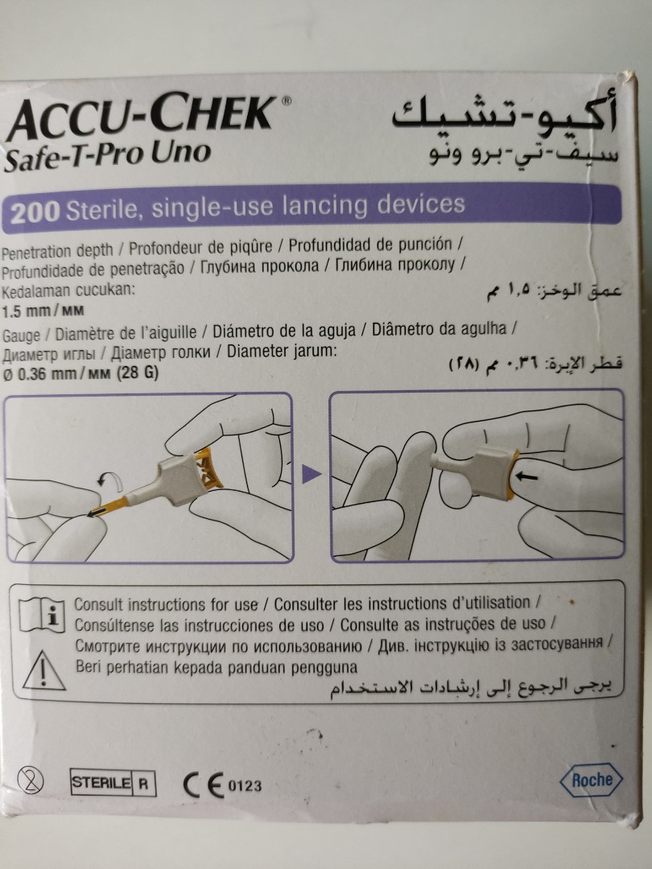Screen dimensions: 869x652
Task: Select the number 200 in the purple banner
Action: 35,211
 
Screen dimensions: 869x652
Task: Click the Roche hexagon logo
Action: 592,779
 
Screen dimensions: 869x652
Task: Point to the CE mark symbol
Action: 200,784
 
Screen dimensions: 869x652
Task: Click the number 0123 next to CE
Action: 246,785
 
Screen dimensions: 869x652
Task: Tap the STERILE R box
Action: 113,783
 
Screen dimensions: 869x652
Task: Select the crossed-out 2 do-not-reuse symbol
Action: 35,780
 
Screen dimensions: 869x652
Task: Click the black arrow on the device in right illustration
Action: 527,477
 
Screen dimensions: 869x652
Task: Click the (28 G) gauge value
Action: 138,373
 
